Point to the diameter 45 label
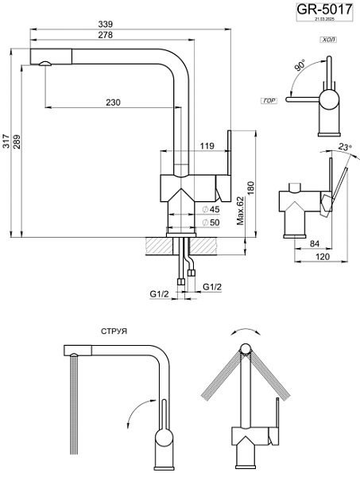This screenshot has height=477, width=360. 211,209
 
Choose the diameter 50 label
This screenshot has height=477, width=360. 211,223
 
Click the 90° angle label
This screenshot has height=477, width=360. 300,66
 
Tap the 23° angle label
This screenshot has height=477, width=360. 343,146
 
